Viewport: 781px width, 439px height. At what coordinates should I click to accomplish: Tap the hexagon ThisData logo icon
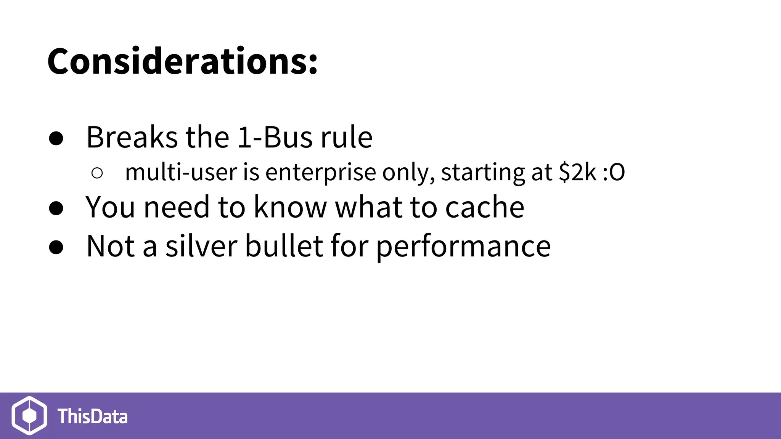[x=29, y=415]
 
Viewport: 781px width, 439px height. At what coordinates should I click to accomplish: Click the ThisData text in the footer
[x=93, y=416]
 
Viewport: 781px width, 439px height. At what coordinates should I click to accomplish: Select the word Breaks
[x=132, y=137]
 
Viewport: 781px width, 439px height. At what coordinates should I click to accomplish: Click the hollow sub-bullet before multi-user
[x=97, y=173]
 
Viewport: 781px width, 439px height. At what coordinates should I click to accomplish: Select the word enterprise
[x=321, y=172]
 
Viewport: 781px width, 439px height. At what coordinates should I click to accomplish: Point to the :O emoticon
[x=614, y=172]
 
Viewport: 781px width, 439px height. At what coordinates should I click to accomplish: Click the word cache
[x=485, y=207]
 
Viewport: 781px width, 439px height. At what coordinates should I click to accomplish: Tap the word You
[x=110, y=207]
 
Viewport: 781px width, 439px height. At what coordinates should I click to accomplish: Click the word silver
[x=201, y=247]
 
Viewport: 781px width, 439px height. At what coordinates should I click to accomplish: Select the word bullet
[x=284, y=247]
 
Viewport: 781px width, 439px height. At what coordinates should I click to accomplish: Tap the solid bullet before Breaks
[x=56, y=139]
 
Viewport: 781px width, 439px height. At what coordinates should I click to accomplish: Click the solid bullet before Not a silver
[x=56, y=247]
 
